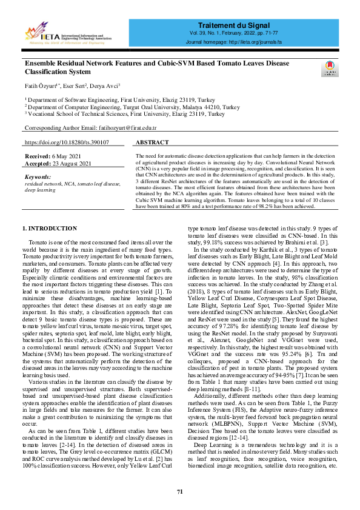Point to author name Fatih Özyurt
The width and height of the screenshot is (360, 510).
point(41,86)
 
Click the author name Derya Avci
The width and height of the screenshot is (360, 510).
point(105,86)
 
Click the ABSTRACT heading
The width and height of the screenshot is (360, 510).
point(153,142)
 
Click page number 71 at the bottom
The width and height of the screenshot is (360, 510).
point(180,491)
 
